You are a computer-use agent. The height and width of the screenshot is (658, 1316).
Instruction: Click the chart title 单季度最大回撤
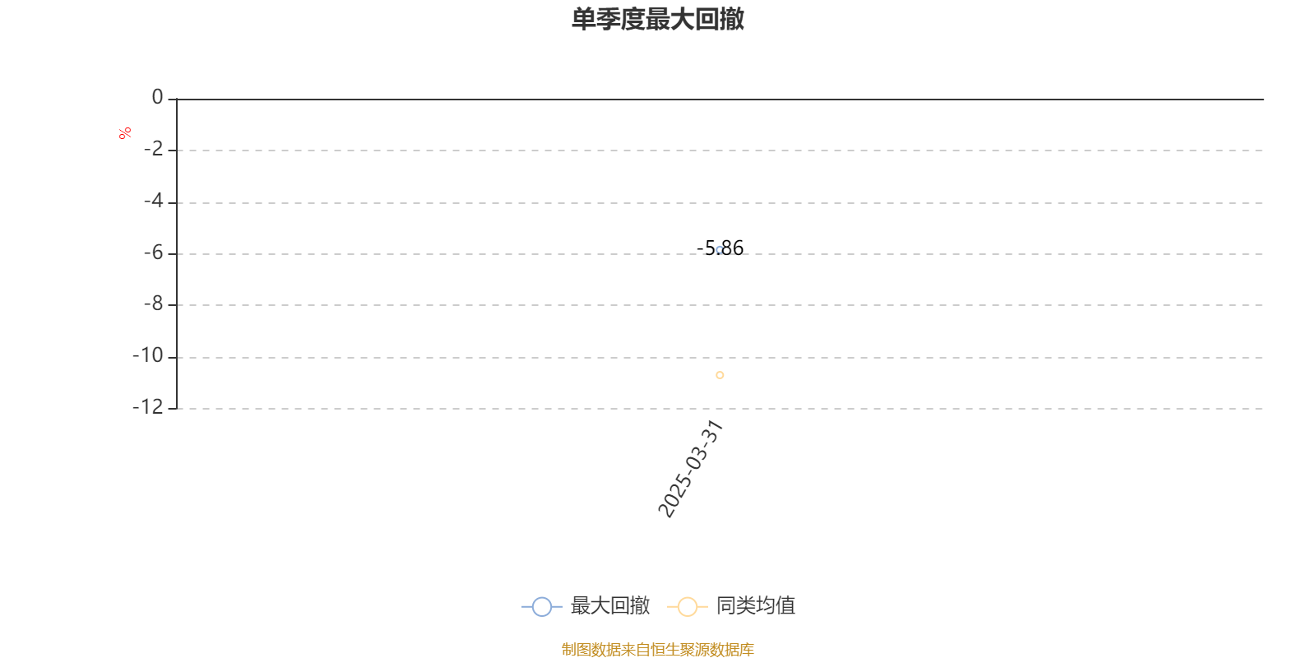(657, 19)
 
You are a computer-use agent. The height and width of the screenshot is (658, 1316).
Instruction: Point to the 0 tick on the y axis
(157, 97)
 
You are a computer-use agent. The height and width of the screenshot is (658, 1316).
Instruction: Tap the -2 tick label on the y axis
(153, 149)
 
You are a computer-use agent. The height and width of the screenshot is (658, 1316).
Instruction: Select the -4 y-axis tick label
(153, 201)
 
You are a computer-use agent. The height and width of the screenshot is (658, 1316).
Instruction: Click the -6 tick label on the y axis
(153, 253)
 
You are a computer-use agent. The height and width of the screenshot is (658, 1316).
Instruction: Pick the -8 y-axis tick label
(153, 304)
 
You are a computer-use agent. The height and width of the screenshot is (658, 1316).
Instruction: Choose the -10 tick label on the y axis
(147, 355)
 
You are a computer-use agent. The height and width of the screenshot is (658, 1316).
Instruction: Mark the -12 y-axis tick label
(147, 406)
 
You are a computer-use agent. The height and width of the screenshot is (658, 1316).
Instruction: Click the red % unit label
(124, 133)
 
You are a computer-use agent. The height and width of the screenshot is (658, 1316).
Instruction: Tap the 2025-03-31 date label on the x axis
(690, 468)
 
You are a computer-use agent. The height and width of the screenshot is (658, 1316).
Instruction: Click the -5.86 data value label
(720, 248)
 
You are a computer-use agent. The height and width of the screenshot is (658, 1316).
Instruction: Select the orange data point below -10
(720, 375)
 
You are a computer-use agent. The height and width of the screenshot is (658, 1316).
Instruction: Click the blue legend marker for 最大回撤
(542, 606)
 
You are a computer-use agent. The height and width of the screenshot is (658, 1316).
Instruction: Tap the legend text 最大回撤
(609, 605)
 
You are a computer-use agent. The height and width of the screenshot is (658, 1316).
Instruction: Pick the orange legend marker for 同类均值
(688, 606)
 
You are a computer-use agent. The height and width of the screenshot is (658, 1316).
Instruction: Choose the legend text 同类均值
(756, 605)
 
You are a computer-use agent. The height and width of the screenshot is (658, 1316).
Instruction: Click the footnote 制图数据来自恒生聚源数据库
(657, 649)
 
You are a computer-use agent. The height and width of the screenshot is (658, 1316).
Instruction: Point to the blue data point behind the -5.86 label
(720, 250)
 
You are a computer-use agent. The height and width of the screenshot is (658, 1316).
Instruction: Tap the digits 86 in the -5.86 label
(733, 248)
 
